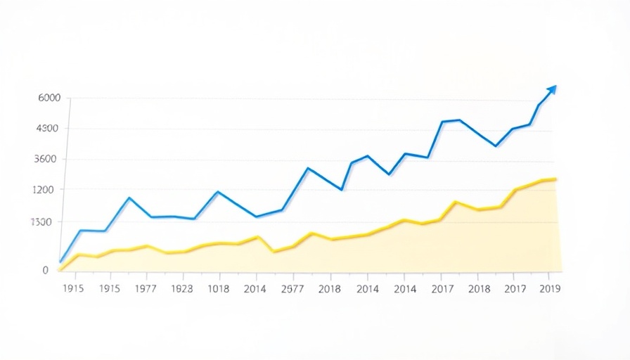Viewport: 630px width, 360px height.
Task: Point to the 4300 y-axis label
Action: click(x=47, y=129)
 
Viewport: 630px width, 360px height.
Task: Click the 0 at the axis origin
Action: click(x=46, y=270)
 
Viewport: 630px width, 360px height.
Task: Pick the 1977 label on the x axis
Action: click(x=145, y=288)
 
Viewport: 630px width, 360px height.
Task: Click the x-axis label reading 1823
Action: click(x=181, y=288)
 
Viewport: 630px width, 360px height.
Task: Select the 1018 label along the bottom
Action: click(x=218, y=288)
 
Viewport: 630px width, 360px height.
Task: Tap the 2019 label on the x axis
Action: click(x=548, y=288)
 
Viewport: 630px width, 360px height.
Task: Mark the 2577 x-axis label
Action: click(x=292, y=288)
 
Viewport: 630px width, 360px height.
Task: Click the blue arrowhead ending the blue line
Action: click(x=552, y=89)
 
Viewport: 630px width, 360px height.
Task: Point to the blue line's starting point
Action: click(x=61, y=262)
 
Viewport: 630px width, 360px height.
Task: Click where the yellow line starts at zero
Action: click(x=60, y=269)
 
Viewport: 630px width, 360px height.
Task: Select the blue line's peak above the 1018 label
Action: click(x=218, y=192)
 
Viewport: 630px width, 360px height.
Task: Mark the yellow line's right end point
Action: click(x=555, y=179)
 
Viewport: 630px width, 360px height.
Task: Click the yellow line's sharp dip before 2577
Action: click(x=274, y=251)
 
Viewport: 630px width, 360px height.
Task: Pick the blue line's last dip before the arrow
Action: click(x=496, y=146)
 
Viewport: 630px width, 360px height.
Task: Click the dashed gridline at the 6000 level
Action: click(x=309, y=99)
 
